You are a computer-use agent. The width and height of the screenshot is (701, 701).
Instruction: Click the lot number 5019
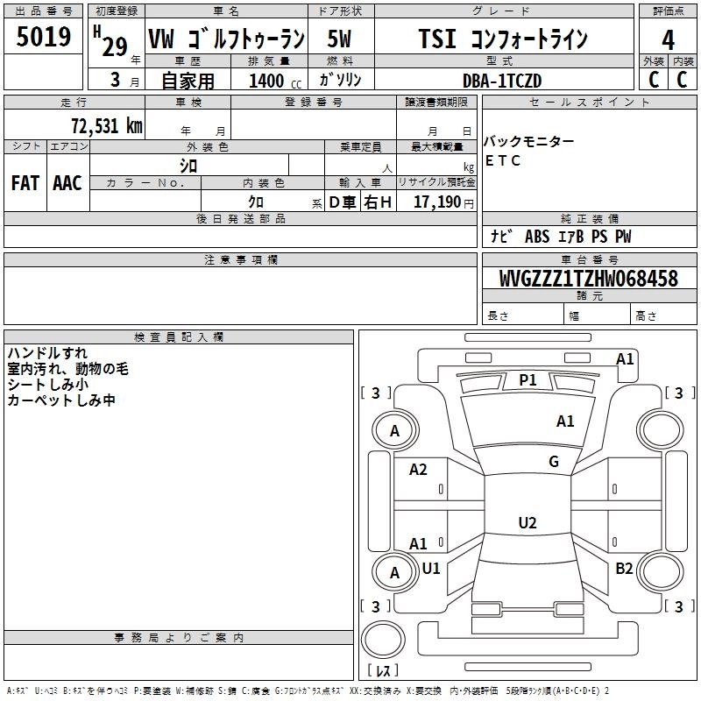tap(43, 36)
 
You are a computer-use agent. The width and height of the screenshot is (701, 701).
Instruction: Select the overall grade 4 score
tap(668, 39)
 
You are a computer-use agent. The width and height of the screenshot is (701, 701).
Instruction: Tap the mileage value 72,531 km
tap(107, 126)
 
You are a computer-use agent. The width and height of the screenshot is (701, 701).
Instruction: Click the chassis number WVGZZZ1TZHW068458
tap(589, 278)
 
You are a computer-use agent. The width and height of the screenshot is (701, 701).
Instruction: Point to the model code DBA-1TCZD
tap(502, 81)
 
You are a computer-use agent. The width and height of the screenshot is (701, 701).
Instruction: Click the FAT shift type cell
tap(25, 183)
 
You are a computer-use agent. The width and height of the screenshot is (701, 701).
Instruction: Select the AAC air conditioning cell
tap(67, 183)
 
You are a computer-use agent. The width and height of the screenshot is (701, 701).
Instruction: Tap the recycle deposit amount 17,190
tap(437, 202)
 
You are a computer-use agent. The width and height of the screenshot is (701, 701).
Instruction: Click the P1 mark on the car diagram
tap(528, 380)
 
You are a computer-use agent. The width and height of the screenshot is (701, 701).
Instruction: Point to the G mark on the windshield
tap(554, 462)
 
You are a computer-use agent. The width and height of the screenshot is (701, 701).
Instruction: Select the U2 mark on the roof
tap(528, 522)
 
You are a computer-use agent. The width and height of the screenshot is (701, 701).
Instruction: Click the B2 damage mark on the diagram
tap(624, 568)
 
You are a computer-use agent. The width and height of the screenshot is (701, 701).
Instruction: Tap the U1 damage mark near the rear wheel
tap(431, 568)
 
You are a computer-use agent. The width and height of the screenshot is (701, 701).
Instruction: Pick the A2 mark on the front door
tap(418, 470)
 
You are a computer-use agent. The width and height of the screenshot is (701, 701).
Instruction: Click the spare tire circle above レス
tap(383, 639)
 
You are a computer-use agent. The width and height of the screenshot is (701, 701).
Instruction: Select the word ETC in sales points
tap(502, 160)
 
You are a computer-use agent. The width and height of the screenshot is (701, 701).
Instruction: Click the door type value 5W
tap(339, 39)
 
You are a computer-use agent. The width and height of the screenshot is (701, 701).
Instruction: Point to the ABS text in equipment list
tap(537, 237)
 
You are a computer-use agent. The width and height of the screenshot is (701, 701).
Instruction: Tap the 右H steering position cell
tap(378, 202)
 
